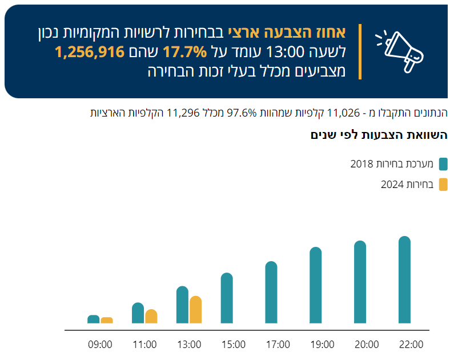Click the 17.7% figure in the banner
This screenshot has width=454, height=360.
(184, 52)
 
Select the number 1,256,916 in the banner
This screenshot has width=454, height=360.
(90, 52)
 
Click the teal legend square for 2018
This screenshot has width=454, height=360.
(443, 165)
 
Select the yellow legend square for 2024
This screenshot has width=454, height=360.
(443, 184)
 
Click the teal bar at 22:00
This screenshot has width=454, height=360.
(404, 280)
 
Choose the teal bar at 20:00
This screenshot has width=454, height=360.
(360, 282)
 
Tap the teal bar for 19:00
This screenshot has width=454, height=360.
(316, 286)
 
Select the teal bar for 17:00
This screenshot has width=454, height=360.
(271, 293)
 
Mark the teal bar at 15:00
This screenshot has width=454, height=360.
(227, 298)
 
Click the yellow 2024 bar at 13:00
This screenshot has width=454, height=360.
(195, 310)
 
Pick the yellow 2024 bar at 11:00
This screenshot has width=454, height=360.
(151, 317)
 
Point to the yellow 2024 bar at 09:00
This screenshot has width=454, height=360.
(107, 320)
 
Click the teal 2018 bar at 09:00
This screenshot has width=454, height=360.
(93, 319)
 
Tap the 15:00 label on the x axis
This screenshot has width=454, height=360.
(234, 345)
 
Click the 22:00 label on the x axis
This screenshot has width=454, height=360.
(411, 345)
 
